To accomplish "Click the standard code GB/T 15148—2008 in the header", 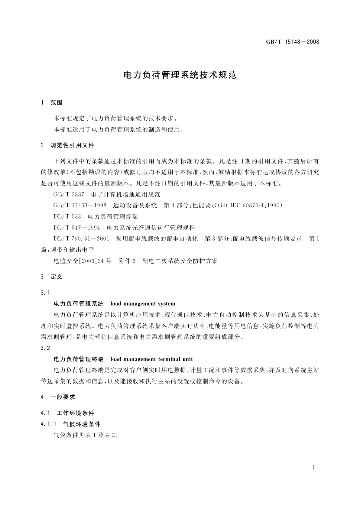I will pos(292,42).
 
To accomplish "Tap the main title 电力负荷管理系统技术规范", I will pos(180,75).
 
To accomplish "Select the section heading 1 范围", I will pos(52,103).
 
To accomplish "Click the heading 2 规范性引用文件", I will pos(67,145).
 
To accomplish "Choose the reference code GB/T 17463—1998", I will pos(80,206).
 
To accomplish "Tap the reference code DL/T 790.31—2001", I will pos(81,239).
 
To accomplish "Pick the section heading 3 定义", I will pos(52,277).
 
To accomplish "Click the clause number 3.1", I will pos(45,293).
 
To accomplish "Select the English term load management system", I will pos(143,304).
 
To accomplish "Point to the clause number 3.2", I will pos(45,348).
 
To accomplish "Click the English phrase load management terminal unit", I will pos(151,359).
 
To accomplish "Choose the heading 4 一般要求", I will pos(58,397).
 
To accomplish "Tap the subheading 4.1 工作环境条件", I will pos(67,413).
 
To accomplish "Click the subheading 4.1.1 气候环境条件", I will pos(70,424).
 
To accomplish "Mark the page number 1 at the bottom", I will pos(314,467).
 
